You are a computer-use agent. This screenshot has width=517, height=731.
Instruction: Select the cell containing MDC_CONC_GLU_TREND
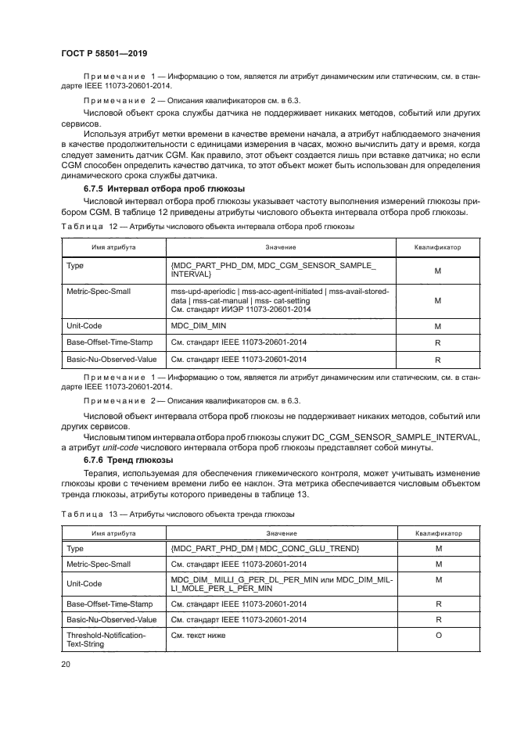(264, 550)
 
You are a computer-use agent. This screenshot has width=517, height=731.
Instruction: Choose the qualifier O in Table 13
(438, 635)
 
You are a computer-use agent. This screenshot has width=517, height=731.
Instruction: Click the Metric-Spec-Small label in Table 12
(99, 291)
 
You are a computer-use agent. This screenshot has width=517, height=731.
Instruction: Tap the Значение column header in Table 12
(280, 247)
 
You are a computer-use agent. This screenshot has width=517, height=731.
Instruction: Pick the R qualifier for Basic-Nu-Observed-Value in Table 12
(438, 360)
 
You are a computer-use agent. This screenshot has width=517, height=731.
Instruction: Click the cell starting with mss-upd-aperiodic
(280, 299)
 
